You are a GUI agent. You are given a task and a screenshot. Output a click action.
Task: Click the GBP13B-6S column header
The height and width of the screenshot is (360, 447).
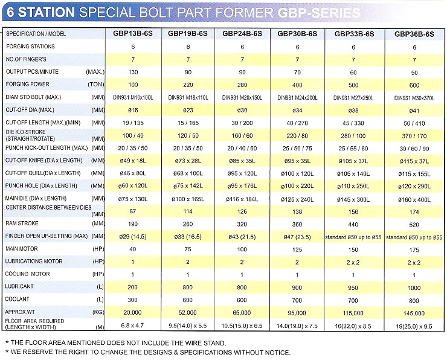[132, 34]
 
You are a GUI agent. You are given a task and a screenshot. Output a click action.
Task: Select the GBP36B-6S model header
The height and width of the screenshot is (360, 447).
[414, 34]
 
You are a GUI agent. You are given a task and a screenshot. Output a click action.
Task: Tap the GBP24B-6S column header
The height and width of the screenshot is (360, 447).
[242, 34]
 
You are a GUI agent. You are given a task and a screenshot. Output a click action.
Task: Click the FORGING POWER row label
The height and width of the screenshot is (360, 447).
[28, 84]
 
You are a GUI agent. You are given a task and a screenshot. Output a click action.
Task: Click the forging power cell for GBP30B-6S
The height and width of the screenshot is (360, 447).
[298, 84]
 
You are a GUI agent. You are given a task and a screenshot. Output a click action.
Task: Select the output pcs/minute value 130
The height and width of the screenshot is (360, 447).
[132, 71]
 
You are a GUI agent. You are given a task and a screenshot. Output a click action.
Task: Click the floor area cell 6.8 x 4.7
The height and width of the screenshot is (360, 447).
[132, 326]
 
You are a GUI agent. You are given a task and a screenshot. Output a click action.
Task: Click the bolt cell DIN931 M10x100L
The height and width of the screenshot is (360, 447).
[132, 97]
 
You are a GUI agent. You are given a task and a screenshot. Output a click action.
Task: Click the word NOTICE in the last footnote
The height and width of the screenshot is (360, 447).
[274, 352]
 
